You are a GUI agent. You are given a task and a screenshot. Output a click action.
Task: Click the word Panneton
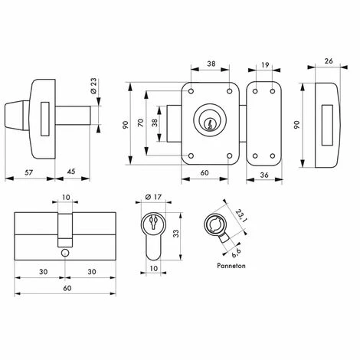pos(231,266)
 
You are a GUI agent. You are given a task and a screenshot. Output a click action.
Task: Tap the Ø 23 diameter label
pos(93,86)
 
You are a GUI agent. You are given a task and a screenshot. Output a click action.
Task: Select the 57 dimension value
pos(29,172)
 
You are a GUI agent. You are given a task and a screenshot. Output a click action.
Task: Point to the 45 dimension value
pos(71,172)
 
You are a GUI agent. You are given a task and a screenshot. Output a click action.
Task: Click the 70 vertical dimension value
pos(141,123)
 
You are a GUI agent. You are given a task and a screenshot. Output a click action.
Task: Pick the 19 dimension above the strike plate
pos(265,65)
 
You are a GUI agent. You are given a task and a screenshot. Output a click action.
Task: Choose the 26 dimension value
pos(329,61)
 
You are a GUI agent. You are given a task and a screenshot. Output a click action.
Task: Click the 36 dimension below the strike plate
pos(264,175)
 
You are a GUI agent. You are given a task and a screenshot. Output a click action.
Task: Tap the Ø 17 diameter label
pos(153,197)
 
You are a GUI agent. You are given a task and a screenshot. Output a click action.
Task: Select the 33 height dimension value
pos(176,234)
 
